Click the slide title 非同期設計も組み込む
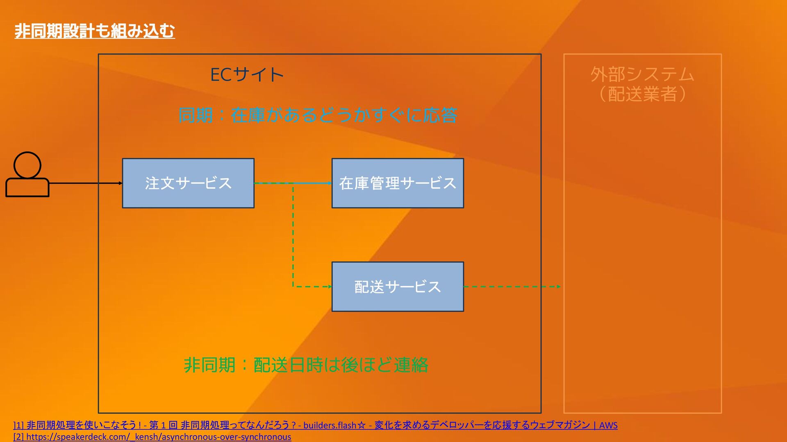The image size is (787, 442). click(95, 31)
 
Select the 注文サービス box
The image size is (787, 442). click(188, 183)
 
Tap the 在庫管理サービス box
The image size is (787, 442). click(398, 183)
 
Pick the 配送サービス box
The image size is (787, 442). click(398, 287)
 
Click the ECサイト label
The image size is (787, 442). click(247, 75)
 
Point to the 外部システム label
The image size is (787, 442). click(642, 74)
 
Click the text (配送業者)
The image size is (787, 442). click(642, 94)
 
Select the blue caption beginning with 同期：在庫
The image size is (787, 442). click(318, 115)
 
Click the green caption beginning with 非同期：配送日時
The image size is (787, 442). click(306, 365)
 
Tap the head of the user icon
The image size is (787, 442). click(27, 165)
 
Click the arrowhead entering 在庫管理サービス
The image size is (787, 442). click(329, 183)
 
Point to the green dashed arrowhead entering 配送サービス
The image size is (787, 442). click(329, 287)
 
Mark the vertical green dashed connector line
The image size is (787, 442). click(293, 235)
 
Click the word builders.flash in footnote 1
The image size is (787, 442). click(330, 425)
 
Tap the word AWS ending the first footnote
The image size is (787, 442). click(608, 425)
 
